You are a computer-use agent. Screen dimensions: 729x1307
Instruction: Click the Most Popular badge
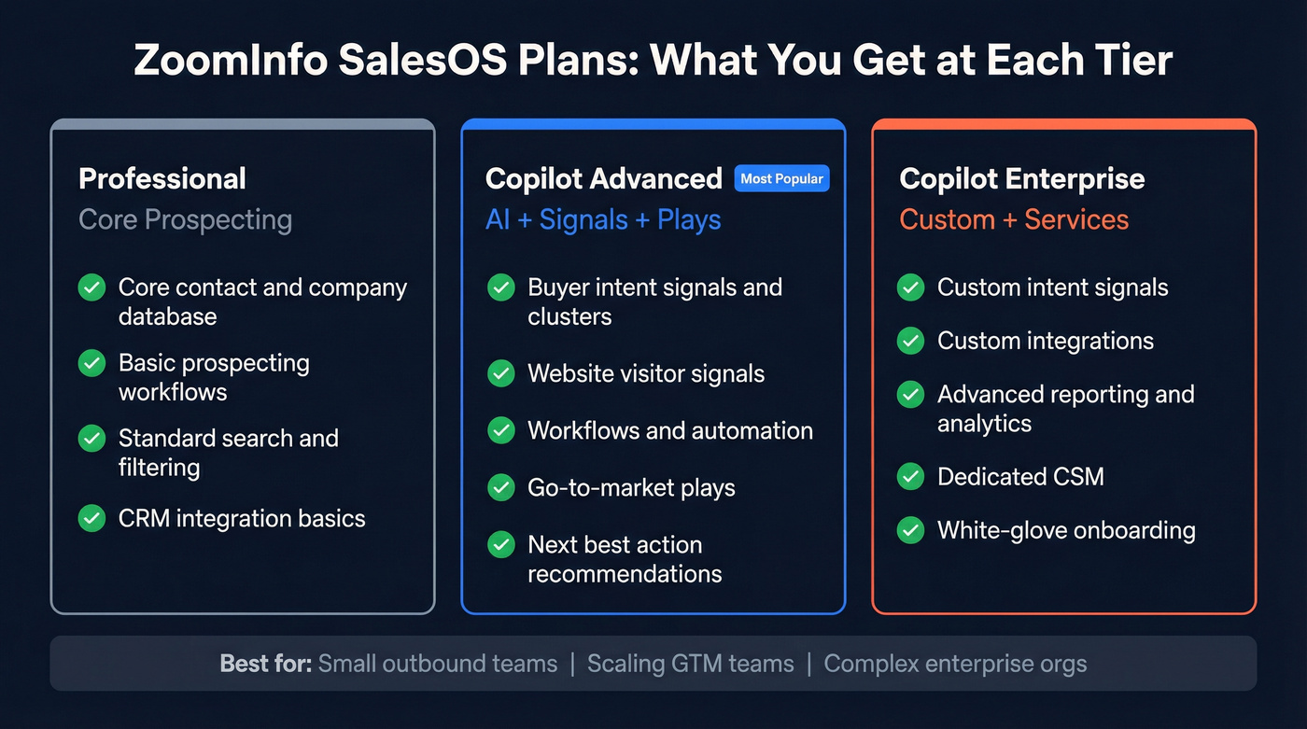[x=781, y=178]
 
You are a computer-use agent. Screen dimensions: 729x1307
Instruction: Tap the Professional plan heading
[x=162, y=178]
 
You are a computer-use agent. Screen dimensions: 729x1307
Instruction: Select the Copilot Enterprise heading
[x=1022, y=178]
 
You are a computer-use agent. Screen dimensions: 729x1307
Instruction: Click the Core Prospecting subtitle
[x=185, y=219]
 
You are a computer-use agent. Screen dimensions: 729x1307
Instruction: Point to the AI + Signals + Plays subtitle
[x=603, y=219]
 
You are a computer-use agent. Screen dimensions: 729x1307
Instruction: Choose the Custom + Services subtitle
[x=1014, y=219]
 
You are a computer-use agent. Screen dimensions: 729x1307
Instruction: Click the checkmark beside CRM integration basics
[x=91, y=518]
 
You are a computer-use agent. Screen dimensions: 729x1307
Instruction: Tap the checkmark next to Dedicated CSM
[x=910, y=476]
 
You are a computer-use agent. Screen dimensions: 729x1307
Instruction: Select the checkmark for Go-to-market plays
[x=501, y=487]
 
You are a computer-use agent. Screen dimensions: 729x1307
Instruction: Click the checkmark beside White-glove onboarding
[x=910, y=530]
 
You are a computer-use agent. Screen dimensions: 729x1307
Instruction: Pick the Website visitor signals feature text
[x=646, y=373]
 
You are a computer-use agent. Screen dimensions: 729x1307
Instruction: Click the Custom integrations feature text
[x=1046, y=341]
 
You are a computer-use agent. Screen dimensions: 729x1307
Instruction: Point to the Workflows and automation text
[x=670, y=430]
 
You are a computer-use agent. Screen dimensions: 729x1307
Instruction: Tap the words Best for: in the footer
[x=265, y=664]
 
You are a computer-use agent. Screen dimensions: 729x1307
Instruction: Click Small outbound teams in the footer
[x=438, y=664]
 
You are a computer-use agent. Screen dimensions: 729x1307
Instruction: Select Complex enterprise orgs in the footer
[x=955, y=664]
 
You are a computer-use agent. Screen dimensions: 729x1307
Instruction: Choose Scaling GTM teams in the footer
[x=691, y=664]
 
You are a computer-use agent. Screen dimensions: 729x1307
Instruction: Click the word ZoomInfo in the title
[x=229, y=61]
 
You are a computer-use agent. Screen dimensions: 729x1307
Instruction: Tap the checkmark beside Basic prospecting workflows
[x=91, y=362]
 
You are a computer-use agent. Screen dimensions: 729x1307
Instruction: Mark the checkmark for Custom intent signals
[x=910, y=287]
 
